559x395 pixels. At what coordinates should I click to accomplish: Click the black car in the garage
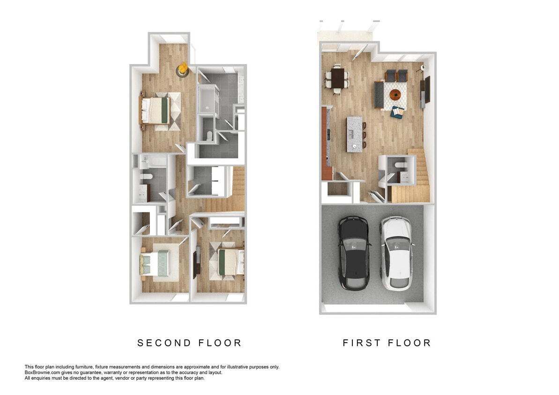354,253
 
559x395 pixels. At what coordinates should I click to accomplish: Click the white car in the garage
395,253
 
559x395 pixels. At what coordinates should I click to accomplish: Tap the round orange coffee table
396,95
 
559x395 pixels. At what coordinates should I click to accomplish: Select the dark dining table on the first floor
337,76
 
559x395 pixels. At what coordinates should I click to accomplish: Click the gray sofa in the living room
379,94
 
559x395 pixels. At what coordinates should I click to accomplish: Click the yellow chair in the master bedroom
182,70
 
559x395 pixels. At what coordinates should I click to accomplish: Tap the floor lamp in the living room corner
423,68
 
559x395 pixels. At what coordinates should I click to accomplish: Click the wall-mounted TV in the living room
427,90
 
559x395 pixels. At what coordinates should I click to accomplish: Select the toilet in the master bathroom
209,136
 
